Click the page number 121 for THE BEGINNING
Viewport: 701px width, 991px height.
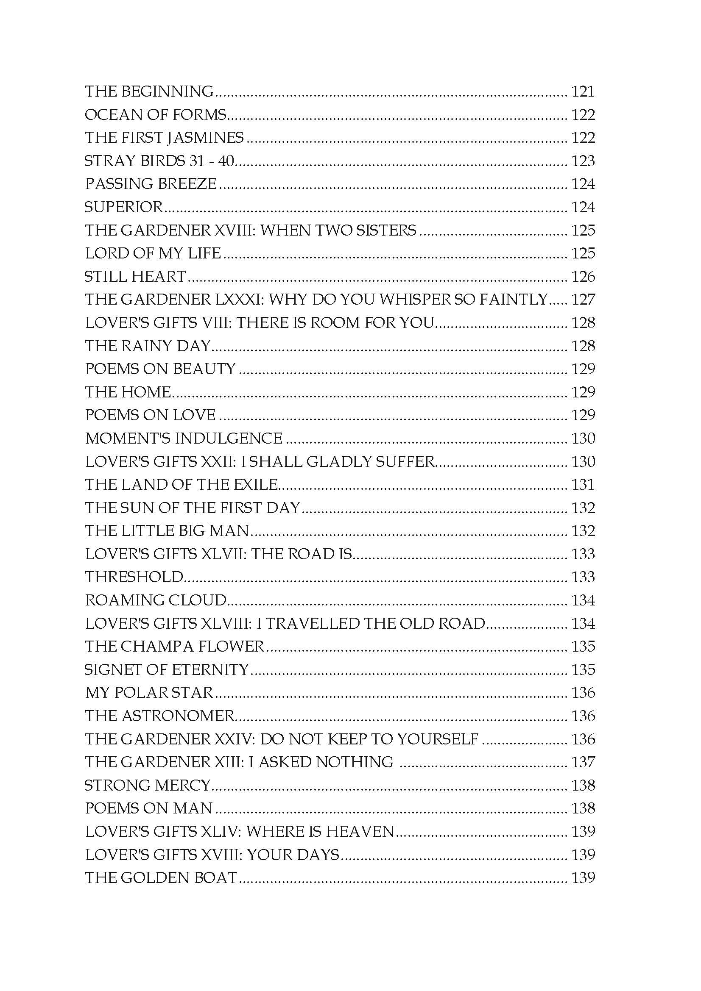click(x=583, y=92)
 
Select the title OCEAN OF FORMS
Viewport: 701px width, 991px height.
click(x=156, y=115)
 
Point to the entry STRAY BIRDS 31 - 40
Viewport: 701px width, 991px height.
click(x=159, y=161)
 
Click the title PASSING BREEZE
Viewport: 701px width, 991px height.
click(x=151, y=184)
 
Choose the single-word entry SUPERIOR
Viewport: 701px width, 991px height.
click(x=123, y=207)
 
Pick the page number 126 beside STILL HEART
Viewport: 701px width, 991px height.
click(x=583, y=277)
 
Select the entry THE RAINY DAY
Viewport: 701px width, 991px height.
click(x=148, y=346)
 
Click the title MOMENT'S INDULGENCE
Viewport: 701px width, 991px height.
click(x=184, y=439)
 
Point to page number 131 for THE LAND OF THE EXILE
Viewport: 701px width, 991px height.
click(x=583, y=485)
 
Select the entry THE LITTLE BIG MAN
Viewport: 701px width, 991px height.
click(x=167, y=531)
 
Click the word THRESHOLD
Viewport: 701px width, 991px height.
click(x=134, y=577)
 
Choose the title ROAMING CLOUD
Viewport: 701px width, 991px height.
click(x=156, y=600)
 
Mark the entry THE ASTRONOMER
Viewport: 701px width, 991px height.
click(x=159, y=716)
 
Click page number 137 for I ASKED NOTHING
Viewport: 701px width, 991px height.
click(x=583, y=762)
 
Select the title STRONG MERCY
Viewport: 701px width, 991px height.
click(x=147, y=785)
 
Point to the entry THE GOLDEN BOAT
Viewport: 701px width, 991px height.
click(x=161, y=878)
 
